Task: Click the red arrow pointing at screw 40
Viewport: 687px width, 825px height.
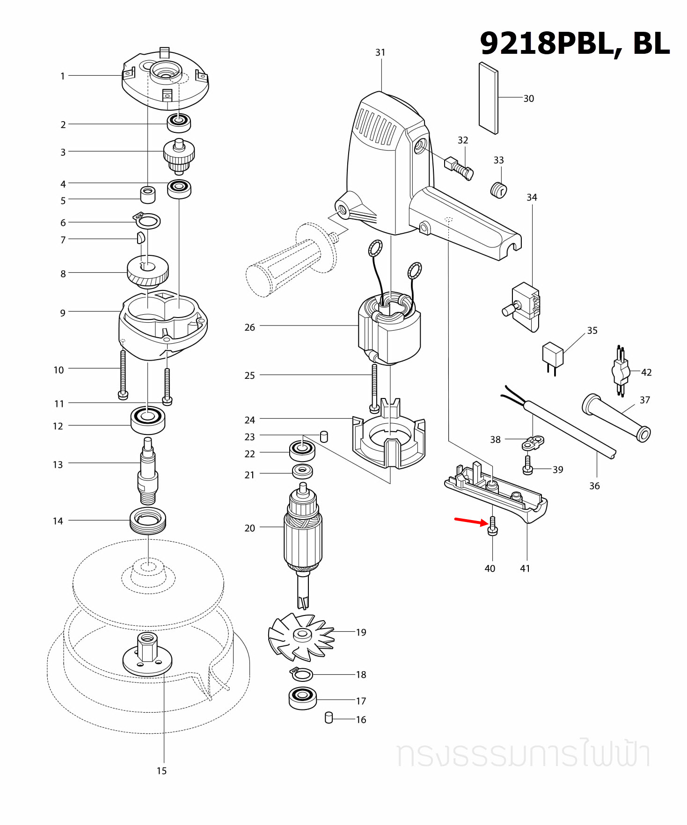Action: pos(471,521)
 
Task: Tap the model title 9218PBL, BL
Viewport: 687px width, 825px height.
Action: pos(575,43)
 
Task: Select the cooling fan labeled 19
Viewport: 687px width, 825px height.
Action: pos(301,636)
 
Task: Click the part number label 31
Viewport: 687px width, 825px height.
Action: pos(380,52)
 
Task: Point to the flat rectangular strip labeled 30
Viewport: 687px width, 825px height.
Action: pos(489,98)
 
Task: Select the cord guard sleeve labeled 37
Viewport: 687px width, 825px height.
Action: pos(616,417)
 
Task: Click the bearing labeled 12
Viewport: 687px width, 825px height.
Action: pos(148,420)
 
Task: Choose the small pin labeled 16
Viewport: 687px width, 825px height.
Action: pos(329,717)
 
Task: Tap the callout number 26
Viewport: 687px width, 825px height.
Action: pos(249,327)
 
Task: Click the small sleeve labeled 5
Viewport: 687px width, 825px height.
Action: pos(148,195)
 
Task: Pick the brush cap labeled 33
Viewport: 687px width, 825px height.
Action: pos(499,190)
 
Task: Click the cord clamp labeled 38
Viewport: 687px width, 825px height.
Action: pos(533,442)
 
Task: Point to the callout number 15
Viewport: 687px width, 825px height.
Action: pos(161,771)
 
